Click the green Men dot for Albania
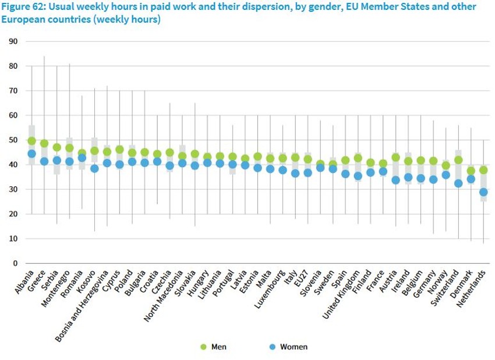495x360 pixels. coord(31,140)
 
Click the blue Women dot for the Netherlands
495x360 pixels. coord(483,192)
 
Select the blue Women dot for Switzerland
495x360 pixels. coord(458,183)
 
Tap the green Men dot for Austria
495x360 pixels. coord(396,157)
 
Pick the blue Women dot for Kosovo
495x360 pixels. coord(94,168)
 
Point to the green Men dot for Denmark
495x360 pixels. coord(471,171)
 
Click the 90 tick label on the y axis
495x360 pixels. coord(13,42)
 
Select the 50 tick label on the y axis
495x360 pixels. coord(13,140)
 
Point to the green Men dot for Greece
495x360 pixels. coord(44,143)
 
